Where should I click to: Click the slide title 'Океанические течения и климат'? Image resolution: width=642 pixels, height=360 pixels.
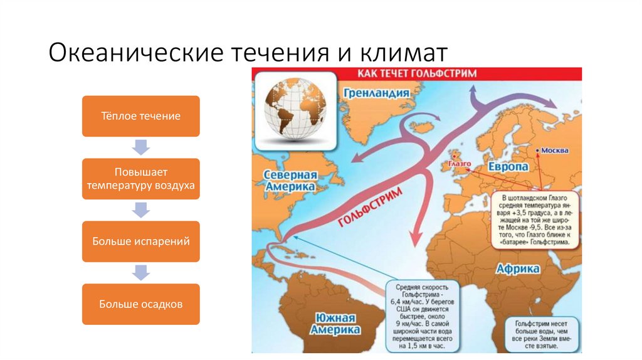coord(249,52)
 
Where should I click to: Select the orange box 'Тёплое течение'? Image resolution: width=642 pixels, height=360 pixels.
coord(140,116)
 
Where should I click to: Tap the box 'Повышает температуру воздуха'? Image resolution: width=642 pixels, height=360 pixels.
coord(140,179)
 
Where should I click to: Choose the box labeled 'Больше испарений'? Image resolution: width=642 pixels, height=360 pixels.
coord(140,241)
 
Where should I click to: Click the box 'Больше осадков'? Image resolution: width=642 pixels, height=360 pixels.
coord(140,304)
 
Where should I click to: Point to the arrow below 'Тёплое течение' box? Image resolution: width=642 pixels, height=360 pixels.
coord(140,147)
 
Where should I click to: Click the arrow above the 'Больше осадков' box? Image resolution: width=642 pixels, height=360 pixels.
coord(140,273)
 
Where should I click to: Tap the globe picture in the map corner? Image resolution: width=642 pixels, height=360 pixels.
coord(295,106)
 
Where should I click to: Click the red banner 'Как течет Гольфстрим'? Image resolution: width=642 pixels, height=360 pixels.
coord(416,73)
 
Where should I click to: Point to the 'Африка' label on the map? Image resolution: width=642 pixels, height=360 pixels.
coord(518,268)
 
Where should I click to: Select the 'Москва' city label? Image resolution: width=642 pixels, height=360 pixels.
coord(554,151)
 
